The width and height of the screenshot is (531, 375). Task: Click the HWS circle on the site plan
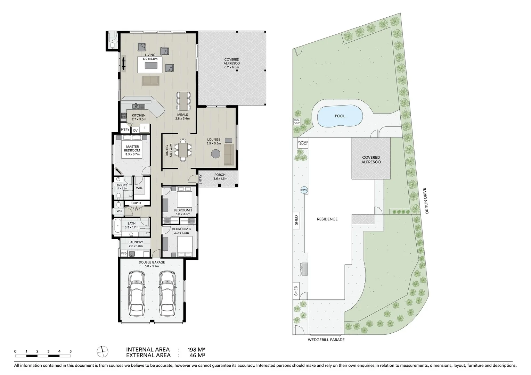[x=304, y=190]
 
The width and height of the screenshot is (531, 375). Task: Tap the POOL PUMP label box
[x=296, y=122]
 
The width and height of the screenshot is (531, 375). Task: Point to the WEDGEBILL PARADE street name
[x=326, y=340]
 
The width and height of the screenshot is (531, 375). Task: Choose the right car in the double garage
[x=166, y=293]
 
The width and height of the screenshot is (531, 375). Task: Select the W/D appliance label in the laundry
[x=124, y=254]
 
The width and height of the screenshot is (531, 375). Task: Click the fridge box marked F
[x=145, y=128]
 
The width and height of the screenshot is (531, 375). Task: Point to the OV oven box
[x=135, y=130]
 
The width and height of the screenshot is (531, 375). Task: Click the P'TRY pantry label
[x=125, y=130]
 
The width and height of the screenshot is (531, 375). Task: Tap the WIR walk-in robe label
[x=139, y=188]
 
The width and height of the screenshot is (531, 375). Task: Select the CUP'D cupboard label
[x=136, y=203]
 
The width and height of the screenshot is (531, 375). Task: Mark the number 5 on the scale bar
[x=71, y=351]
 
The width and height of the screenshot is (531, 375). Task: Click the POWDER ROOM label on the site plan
[x=303, y=143]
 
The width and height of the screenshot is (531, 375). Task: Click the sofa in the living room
[x=150, y=81]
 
